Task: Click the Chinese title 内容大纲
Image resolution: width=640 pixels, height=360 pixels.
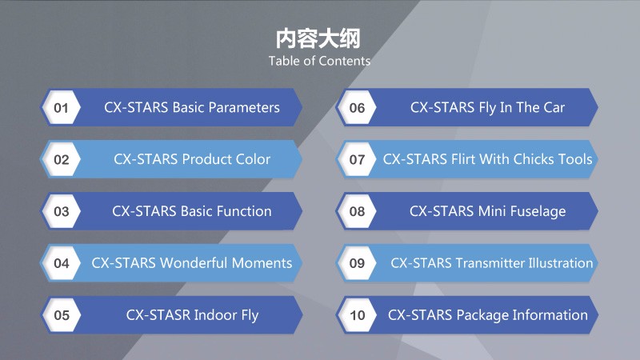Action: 318,38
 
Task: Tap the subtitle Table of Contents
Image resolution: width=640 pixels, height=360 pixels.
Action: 319,61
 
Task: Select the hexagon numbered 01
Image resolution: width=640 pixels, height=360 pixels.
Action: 62,107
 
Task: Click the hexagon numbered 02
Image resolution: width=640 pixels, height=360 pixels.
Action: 62,159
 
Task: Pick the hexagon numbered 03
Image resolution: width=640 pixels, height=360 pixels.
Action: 62,211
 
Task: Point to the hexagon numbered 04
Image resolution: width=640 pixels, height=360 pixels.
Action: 62,263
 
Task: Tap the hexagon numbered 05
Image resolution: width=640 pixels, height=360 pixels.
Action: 62,314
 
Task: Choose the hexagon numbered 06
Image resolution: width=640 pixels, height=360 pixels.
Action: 357,107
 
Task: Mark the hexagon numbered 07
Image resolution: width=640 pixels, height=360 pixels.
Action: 357,159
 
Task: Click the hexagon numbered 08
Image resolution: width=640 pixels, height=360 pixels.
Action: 357,211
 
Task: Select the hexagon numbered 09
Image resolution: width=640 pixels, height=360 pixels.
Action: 357,263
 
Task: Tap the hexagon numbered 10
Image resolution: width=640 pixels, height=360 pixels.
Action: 357,314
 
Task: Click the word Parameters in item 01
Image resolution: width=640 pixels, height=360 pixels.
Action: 244,107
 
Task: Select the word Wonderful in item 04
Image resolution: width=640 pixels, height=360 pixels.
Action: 194,263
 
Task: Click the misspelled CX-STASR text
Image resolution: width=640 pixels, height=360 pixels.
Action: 158,314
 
